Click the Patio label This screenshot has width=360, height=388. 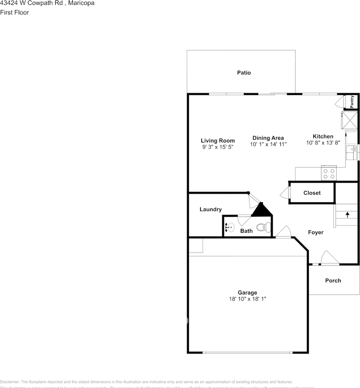(244, 73)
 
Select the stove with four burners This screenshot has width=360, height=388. (328, 173)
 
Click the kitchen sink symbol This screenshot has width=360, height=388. (352, 153)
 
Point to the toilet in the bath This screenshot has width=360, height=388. (263, 227)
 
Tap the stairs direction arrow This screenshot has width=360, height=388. (347, 214)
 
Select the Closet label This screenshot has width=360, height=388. (312, 193)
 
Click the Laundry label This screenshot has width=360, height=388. (211, 209)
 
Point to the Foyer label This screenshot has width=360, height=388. (316, 232)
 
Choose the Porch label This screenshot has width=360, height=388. (333, 280)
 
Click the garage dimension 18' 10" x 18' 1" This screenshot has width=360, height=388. (247, 299)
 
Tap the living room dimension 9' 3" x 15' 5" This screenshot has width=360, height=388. (218, 147)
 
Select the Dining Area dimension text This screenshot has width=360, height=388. (268, 144)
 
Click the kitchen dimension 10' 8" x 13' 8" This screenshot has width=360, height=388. (323, 143)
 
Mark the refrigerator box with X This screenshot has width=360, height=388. (349, 120)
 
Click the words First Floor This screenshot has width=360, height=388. (15, 13)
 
